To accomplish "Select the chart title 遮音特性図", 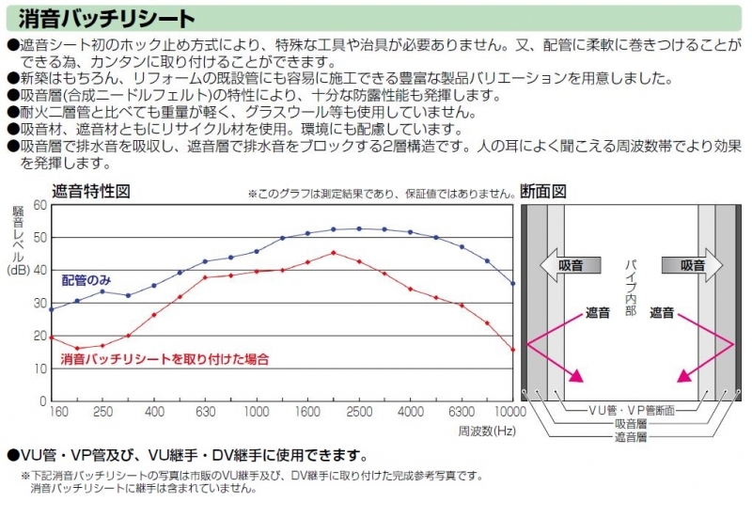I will pyautogui.click(x=90, y=191).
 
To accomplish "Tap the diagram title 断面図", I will pyautogui.click(x=545, y=191).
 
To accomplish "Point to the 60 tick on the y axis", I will pyautogui.click(x=39, y=204).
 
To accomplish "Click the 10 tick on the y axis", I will pyautogui.click(x=39, y=369).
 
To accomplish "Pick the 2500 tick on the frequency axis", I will pyautogui.click(x=359, y=413).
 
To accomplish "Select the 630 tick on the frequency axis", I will pyautogui.click(x=205, y=413).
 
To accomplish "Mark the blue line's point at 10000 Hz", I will pyautogui.click(x=513, y=283).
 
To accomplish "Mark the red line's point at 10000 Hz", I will pyautogui.click(x=513, y=350).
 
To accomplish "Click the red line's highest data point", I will pyautogui.click(x=334, y=252).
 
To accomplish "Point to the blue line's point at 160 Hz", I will pyautogui.click(x=51, y=308).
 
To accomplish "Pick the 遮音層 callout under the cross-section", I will pyautogui.click(x=631, y=437).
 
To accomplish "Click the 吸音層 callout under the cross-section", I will pyautogui.click(x=631, y=424).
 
